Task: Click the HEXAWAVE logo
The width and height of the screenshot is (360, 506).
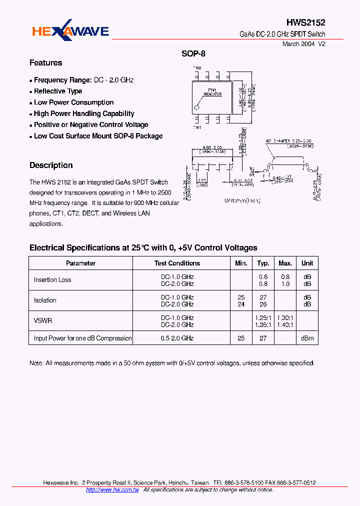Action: [x=70, y=32]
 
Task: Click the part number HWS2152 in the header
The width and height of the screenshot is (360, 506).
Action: [x=305, y=22]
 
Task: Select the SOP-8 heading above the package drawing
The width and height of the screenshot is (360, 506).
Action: [x=193, y=54]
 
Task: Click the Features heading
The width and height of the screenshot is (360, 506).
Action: [x=46, y=63]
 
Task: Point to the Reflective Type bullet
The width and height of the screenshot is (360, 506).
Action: [x=58, y=91]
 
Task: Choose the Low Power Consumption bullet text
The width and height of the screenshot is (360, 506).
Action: [x=74, y=102]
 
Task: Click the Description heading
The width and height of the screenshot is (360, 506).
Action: [x=51, y=165]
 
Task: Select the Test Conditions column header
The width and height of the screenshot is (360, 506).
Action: [x=177, y=263]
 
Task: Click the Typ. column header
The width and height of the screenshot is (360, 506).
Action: [x=263, y=263]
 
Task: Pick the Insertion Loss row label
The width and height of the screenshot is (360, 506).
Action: [x=52, y=280]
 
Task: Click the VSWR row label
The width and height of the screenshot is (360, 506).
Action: [x=43, y=321]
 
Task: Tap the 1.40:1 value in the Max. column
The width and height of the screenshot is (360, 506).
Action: [x=285, y=324]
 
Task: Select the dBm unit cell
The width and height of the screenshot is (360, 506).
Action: [x=307, y=338]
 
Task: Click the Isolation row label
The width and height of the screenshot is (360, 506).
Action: [x=45, y=300]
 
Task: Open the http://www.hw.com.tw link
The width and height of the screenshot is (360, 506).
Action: [x=112, y=490]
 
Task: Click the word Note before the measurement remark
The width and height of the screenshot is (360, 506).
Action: [x=36, y=363]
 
